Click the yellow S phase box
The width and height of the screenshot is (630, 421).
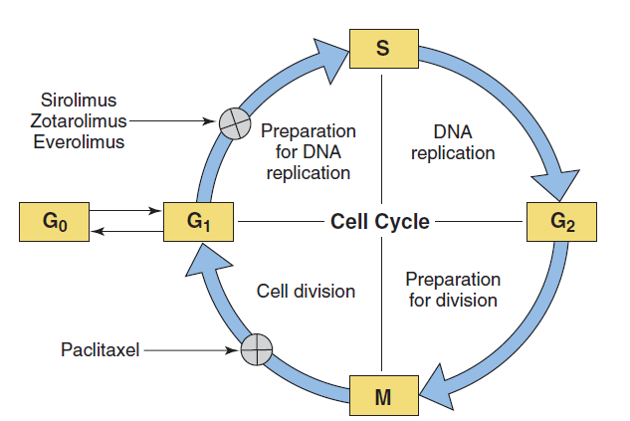[x=384, y=49]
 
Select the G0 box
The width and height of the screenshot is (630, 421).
[x=54, y=222]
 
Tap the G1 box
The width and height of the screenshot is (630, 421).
[x=198, y=222]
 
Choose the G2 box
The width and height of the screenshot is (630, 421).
[x=561, y=222]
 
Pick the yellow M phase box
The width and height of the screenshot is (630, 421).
[x=384, y=396]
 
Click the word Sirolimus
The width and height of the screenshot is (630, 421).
[x=79, y=101]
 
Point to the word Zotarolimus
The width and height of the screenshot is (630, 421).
[x=79, y=120]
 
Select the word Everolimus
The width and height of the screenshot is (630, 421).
[x=79, y=141]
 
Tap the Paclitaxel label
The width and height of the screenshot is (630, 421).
[x=101, y=349]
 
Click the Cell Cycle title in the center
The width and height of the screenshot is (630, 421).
[x=380, y=221]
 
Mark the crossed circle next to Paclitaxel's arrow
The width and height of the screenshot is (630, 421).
[x=257, y=349]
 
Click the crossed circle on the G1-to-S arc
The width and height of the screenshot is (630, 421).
[x=235, y=123]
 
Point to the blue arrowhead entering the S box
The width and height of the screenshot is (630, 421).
[x=330, y=61]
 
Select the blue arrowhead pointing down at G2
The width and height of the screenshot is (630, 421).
[x=556, y=185]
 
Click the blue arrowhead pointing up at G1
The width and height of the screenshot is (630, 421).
[x=207, y=261]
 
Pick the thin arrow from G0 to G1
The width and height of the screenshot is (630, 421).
[x=125, y=211]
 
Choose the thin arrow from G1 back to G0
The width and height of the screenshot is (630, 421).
[x=127, y=231]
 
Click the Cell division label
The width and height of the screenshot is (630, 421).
[x=306, y=292]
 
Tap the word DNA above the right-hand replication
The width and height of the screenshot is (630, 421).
[x=453, y=131]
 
